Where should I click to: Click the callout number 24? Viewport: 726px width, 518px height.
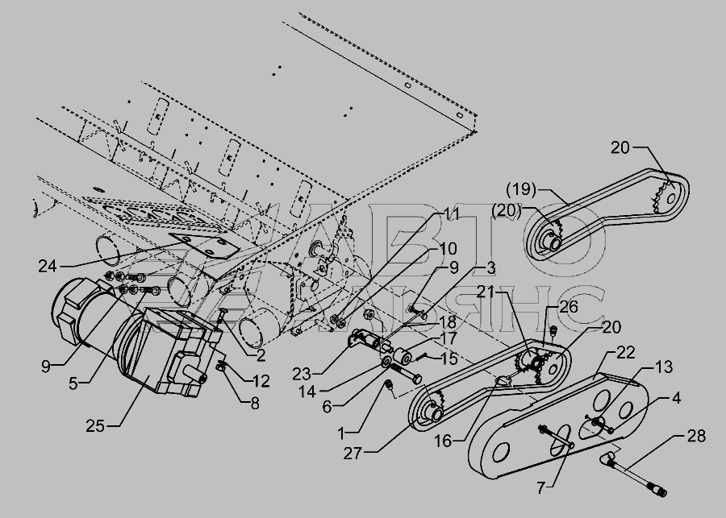point(48,267)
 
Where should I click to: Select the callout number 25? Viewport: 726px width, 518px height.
point(95,425)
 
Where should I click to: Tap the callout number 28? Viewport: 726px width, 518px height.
point(696,436)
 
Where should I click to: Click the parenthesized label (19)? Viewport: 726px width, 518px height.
point(521,189)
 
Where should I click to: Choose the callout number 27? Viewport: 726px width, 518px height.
point(353,454)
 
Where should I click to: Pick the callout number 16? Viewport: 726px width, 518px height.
point(443,441)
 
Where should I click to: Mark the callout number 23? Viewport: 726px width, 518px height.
point(302,374)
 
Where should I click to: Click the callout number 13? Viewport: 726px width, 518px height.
point(664,367)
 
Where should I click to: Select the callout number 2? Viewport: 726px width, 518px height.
point(261,355)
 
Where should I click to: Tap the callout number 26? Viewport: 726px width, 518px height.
point(569,306)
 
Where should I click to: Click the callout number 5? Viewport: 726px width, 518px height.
point(73,383)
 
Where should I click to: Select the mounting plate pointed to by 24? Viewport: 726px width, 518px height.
point(204,246)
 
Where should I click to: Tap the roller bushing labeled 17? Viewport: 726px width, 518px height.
point(402,357)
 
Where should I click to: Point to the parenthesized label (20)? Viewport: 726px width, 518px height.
point(507,211)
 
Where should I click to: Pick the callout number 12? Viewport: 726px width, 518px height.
point(261,381)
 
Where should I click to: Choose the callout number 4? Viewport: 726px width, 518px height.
point(677,398)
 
